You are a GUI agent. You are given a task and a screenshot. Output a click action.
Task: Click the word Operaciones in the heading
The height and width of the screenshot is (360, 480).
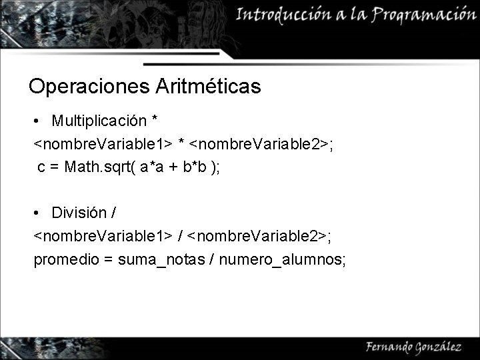tap(90, 87)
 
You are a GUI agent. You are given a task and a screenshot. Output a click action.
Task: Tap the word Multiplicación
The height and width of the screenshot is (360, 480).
tap(99, 121)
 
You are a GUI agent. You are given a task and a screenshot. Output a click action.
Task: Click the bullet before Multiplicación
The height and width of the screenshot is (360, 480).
tap(38, 122)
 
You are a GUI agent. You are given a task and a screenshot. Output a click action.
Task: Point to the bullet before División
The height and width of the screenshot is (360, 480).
tap(38, 214)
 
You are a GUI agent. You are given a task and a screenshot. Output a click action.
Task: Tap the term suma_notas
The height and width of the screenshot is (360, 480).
tap(161, 259)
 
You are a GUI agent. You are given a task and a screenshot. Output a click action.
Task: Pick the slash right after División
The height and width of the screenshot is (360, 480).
tap(115, 213)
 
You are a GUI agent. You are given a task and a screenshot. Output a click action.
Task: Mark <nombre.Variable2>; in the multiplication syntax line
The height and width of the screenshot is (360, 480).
tap(262, 144)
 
